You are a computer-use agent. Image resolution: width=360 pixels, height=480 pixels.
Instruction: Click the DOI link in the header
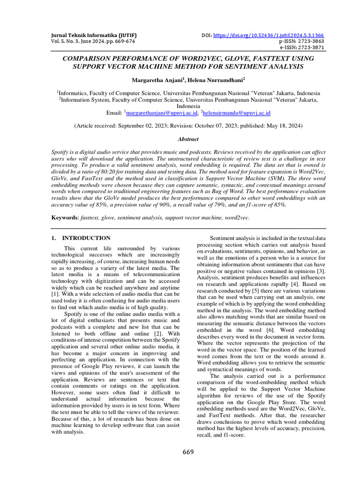coord(269,35)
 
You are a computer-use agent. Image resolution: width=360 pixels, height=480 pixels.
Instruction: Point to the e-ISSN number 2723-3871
coord(308,47)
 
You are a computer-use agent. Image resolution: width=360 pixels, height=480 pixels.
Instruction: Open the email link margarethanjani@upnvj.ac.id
coord(162,113)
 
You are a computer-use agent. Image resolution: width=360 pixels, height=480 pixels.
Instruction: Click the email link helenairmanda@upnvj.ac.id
coord(237,113)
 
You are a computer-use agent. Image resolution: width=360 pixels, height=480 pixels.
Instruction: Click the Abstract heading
coord(187,139)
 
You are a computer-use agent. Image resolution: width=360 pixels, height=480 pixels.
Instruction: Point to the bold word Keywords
coord(65,218)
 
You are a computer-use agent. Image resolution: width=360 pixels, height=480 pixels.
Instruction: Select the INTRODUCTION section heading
coord(86,238)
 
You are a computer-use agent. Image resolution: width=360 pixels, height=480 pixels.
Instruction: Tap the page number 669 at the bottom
coord(187,452)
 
